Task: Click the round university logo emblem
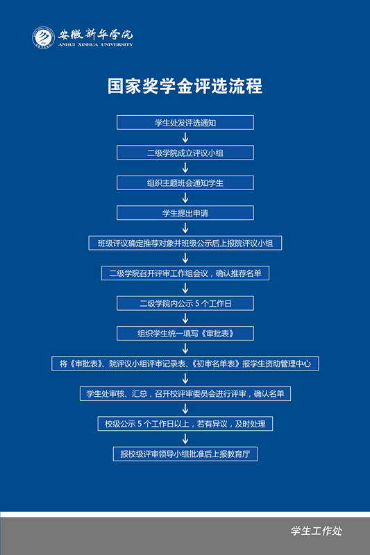[x=43, y=37]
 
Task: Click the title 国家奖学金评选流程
[x=185, y=86]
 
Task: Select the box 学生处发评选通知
[x=185, y=123]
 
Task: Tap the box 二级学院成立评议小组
[x=185, y=153]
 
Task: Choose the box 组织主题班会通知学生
[x=185, y=182]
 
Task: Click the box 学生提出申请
[x=185, y=213]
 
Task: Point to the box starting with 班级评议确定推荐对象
[x=185, y=243]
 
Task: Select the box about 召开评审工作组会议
[x=185, y=273]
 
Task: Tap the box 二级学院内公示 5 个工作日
[x=185, y=303]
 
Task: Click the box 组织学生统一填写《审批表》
[x=185, y=333]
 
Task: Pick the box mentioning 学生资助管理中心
[x=185, y=363]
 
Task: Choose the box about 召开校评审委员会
[x=185, y=393]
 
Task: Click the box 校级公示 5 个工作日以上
[x=185, y=423]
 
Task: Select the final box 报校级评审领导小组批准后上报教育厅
[x=185, y=454]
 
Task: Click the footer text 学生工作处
[x=317, y=531]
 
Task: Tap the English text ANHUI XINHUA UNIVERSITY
[x=96, y=44]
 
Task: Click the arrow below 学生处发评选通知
[x=185, y=137]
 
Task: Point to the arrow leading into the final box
[x=185, y=438]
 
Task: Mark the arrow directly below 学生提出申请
[x=185, y=228]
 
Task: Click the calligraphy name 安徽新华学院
[x=96, y=34]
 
